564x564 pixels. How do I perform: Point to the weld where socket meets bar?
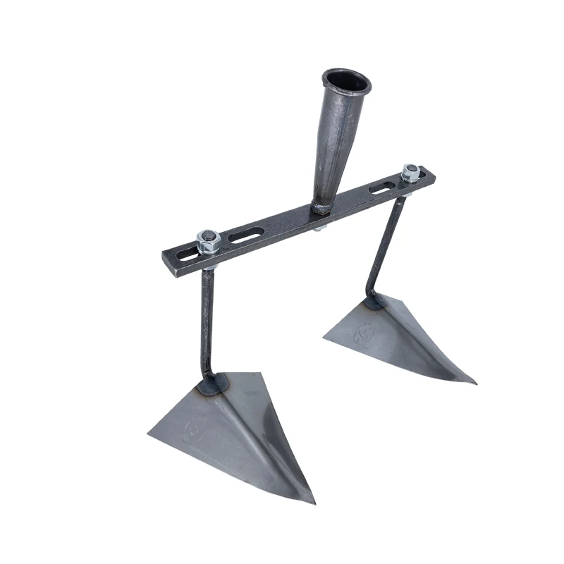click(x=321, y=208)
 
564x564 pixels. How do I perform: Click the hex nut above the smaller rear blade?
click(x=410, y=171)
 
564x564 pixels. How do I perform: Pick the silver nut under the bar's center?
click(x=319, y=228)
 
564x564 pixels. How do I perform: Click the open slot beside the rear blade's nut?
click(x=381, y=188)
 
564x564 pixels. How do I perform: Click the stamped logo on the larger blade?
click(x=192, y=430)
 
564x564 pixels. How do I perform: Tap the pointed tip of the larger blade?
click(x=312, y=502)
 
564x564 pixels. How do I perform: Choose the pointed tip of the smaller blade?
click(x=474, y=382)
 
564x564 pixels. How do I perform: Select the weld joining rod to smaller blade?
click(x=374, y=302)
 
